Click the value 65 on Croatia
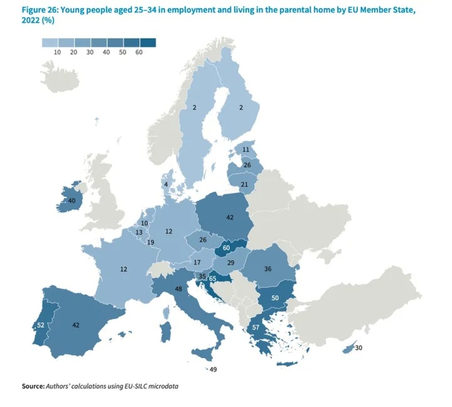coord(212,279)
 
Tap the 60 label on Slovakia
coord(226,248)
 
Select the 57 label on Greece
coord(256,327)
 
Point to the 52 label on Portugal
coord(41,325)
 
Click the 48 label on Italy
coord(179,289)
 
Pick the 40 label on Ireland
coord(72,200)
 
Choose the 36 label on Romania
coord(268,269)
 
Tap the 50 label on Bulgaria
coord(275,298)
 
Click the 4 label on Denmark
coord(166,185)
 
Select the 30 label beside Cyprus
coord(359,348)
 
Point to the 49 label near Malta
coord(213,370)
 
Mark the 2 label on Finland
coord(241,108)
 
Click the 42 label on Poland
coord(230,217)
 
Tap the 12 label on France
coord(124,269)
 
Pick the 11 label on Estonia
coord(246,150)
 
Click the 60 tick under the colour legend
coord(139,52)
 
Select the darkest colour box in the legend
coord(148,43)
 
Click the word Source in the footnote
coord(33,386)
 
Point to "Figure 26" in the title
coord(39,10)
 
